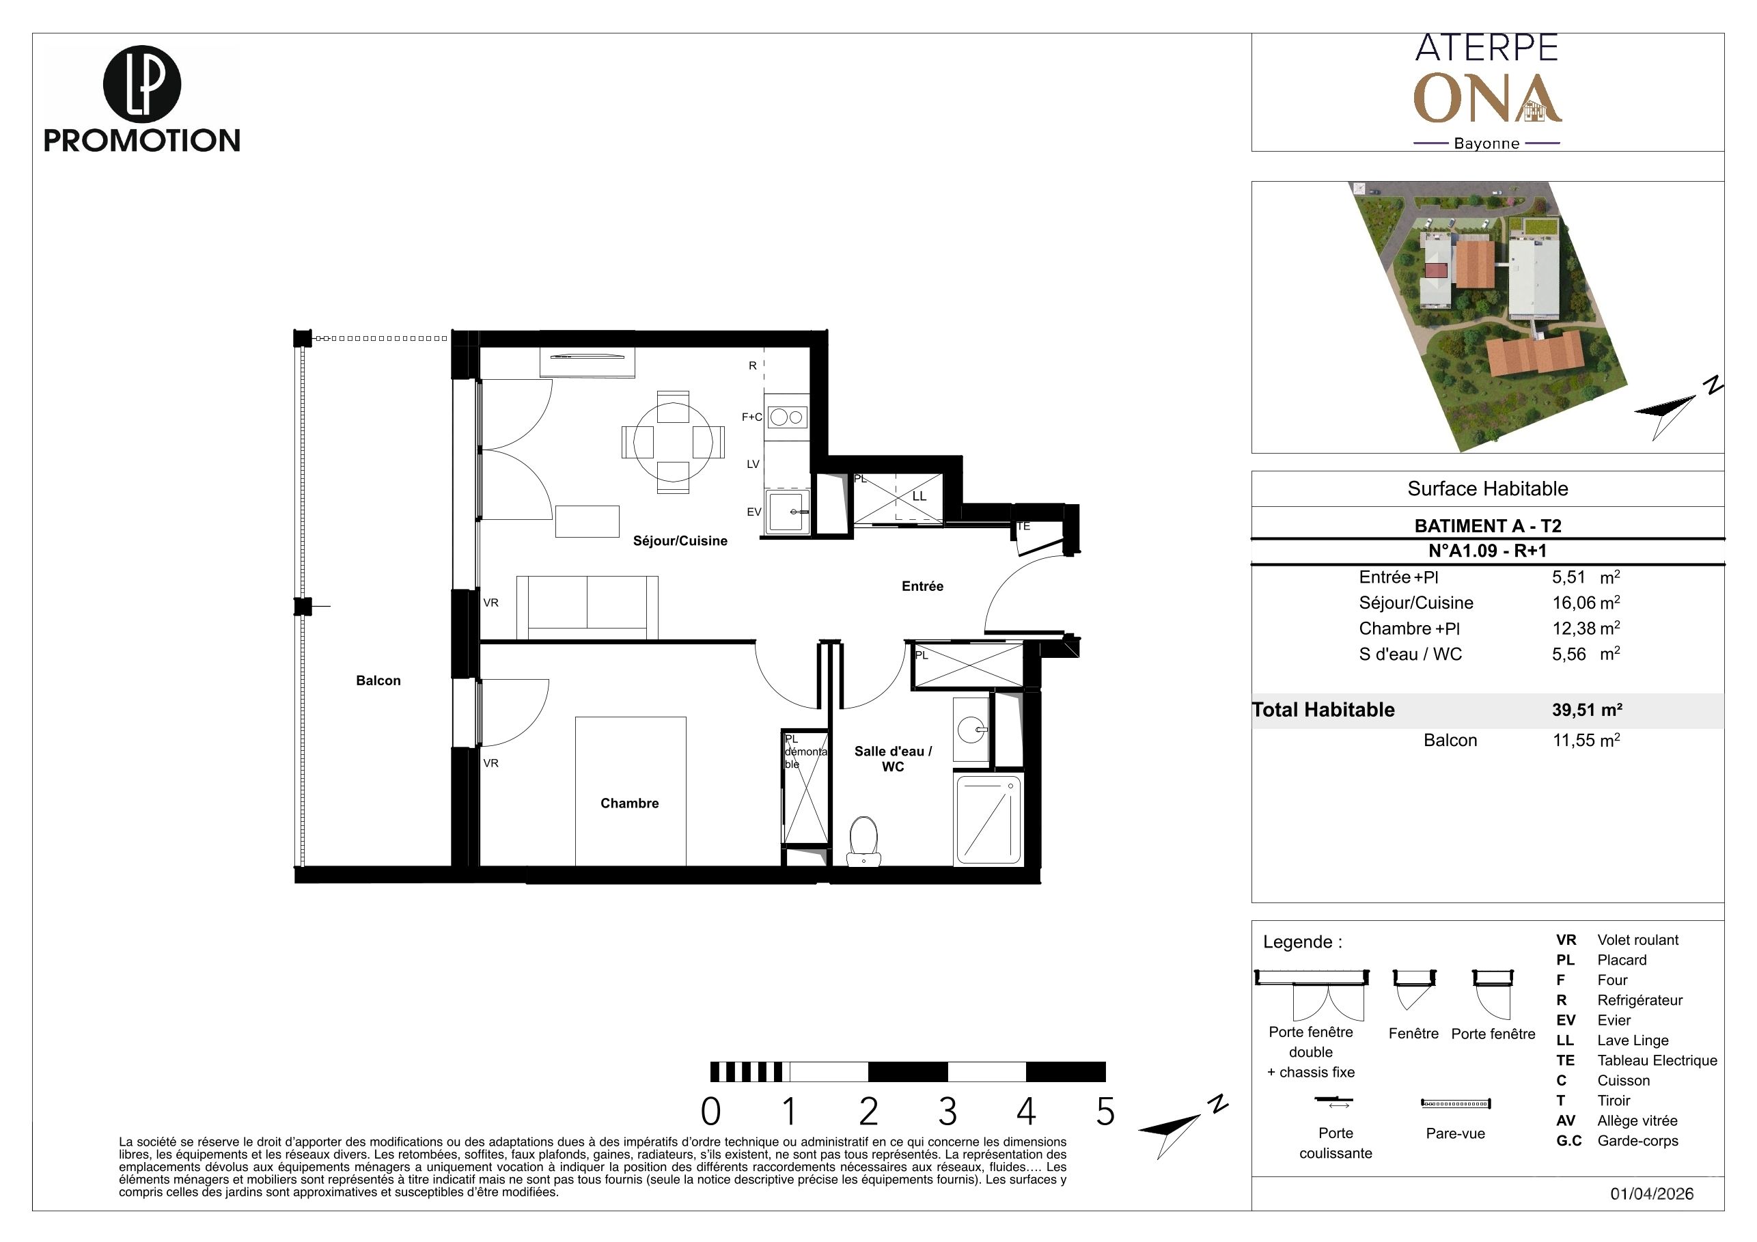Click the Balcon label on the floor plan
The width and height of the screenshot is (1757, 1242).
pos(378,680)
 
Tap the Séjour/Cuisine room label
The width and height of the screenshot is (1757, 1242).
pos(680,541)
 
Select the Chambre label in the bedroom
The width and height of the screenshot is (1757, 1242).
pos(629,803)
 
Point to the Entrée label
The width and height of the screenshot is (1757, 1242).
pos(922,586)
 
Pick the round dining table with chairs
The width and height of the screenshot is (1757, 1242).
pos(674,441)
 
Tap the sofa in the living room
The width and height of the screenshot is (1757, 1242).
pos(587,607)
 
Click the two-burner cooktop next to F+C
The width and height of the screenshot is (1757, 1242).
pos(787,417)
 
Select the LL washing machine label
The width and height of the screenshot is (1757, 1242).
pos(919,496)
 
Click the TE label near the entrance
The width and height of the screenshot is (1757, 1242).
pos(1023,527)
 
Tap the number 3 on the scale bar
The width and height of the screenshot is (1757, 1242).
pos(947,1112)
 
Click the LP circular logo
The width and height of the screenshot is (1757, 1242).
pos(141,83)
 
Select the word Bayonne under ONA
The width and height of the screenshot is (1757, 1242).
pos(1486,143)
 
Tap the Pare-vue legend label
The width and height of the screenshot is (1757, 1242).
pos(1455,1133)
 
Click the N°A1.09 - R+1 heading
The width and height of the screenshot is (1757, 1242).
pos(1487,550)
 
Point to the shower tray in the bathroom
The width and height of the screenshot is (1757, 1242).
pos(988,820)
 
